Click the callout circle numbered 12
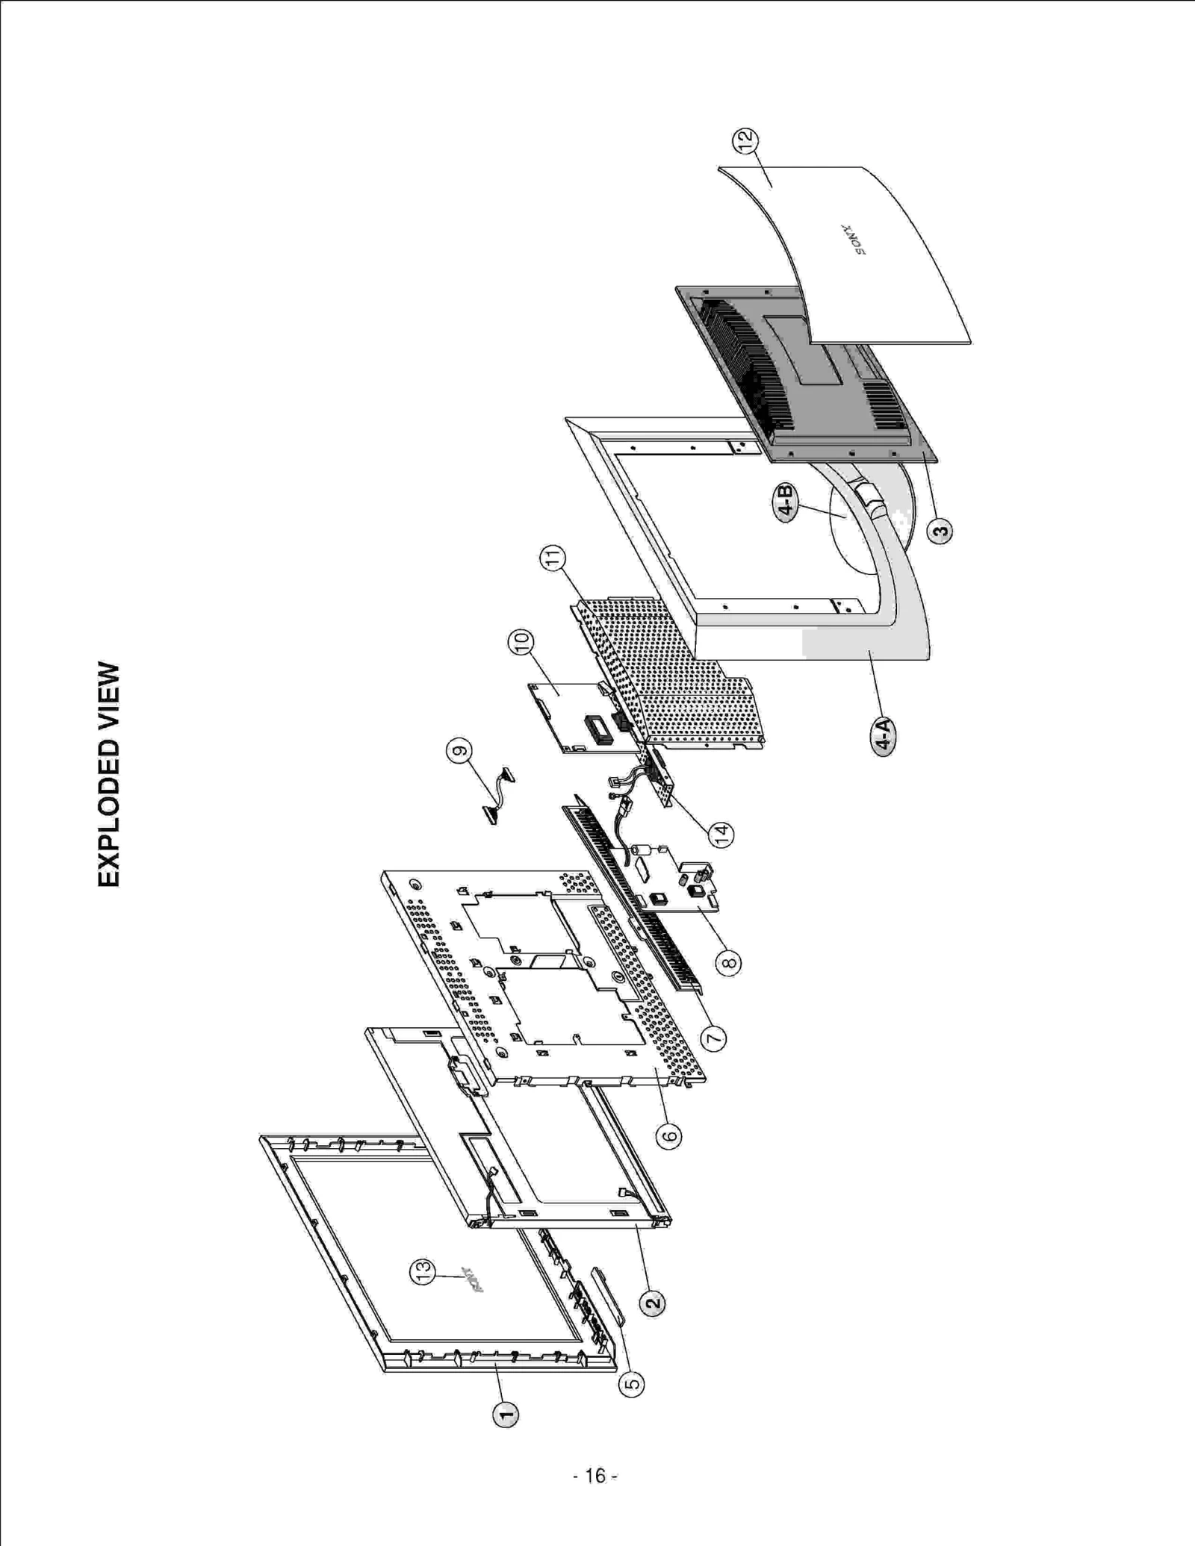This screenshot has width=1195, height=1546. tap(744, 140)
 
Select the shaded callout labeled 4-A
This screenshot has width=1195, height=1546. tap(884, 736)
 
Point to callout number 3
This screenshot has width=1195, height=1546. tap(940, 532)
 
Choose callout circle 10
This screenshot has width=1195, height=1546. tap(521, 642)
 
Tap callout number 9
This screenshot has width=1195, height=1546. tap(459, 751)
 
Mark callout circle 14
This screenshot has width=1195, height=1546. tap(721, 835)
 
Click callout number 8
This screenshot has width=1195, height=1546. tap(728, 962)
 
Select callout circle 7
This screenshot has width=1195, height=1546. tap(713, 1038)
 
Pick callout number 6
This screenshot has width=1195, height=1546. tap(668, 1136)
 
